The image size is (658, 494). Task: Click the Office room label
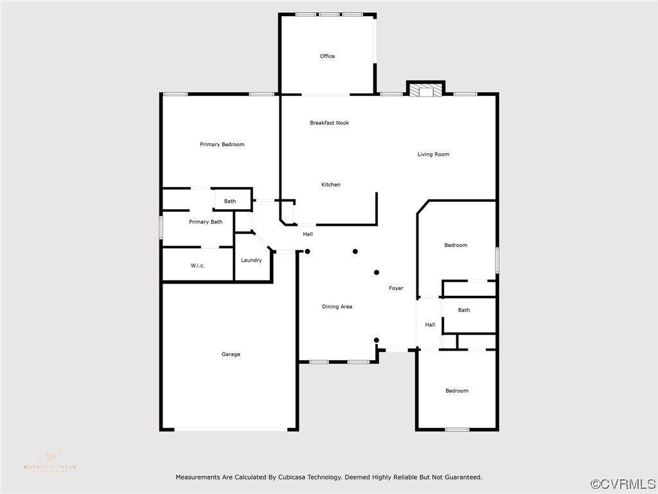[x=327, y=56]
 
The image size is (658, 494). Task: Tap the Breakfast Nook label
[x=329, y=123]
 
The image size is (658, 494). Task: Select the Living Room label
[x=433, y=154]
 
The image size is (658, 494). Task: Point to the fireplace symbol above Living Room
[x=425, y=91]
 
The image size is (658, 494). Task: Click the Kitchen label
[x=331, y=185]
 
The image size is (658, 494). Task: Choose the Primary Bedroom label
[x=222, y=145]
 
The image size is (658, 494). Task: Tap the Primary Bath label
[x=206, y=222]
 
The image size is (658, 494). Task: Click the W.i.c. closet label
[x=197, y=266]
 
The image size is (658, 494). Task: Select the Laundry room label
[x=251, y=261]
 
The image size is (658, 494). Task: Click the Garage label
[x=231, y=354]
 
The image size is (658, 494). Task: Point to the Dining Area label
[x=337, y=307]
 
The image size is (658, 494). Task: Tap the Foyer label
[x=396, y=288]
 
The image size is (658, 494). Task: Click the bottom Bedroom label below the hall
[x=457, y=391]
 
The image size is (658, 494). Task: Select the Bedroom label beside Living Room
[x=456, y=245]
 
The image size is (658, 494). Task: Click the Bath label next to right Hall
[x=463, y=310]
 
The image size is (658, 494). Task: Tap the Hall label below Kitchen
[x=308, y=234]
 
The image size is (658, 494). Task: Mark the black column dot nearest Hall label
[x=307, y=251]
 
